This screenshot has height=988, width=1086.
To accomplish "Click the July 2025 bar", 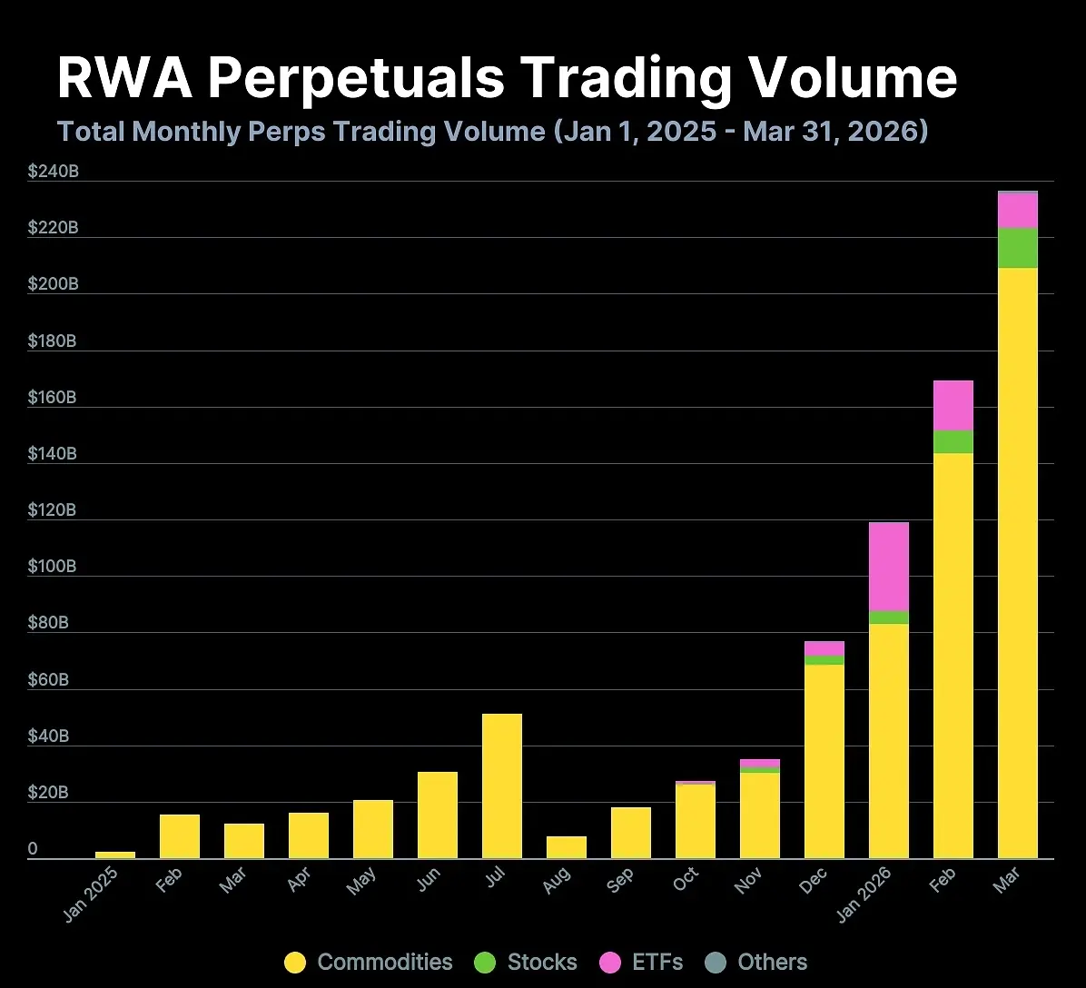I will [502, 785].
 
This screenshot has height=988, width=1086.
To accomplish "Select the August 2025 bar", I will [567, 847].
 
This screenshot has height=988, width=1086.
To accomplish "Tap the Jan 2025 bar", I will [115, 855].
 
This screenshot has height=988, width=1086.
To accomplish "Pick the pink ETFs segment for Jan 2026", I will [889, 567].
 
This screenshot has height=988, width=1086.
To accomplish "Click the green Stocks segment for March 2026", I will [1018, 248].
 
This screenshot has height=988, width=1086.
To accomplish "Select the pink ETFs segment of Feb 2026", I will [953, 405].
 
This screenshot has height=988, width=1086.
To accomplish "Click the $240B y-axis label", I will [54, 171].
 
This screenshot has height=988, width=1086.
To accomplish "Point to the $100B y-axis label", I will [54, 567].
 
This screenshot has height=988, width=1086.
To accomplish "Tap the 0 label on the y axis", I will [33, 849].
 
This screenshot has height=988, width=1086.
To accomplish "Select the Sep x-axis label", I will [621, 880].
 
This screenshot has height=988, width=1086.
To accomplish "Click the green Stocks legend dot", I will [486, 963].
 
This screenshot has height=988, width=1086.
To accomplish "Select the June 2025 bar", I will [438, 815].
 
